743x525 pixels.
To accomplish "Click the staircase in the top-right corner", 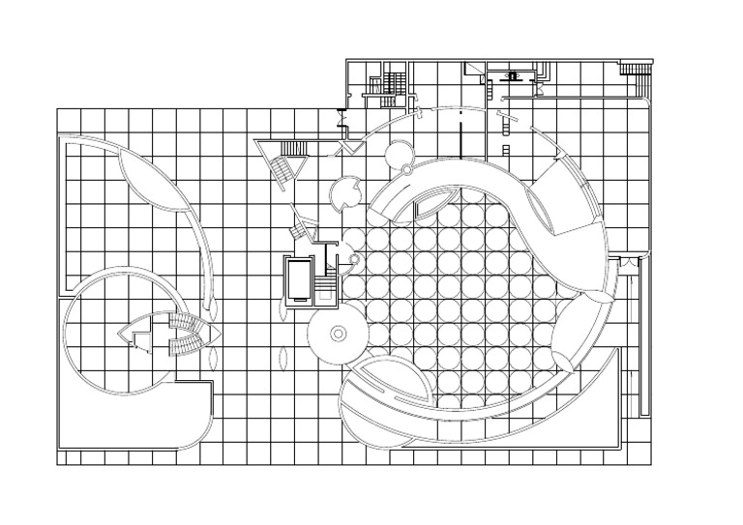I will pyautogui.click(x=633, y=69).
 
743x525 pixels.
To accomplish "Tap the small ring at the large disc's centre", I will pyautogui.click(x=338, y=333).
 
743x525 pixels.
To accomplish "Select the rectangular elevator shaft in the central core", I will pyautogui.click(x=296, y=279).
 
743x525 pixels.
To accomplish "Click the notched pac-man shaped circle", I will pyautogui.click(x=346, y=194).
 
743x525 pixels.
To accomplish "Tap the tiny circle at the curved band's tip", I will pyautogui.click(x=354, y=260).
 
